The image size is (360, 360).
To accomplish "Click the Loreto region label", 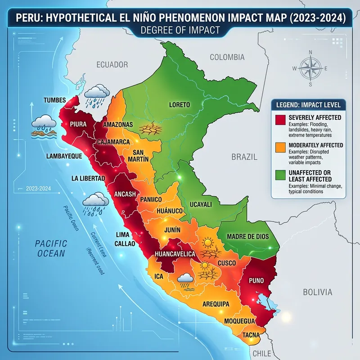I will tap(179, 104).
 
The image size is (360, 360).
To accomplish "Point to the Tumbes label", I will tap(54, 100).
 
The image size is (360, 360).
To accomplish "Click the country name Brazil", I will tap(244, 157).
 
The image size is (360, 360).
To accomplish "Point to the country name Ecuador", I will tap(112, 65).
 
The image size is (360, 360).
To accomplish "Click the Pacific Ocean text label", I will tap(51, 248).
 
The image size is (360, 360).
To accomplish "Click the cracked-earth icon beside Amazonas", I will tap(148, 129).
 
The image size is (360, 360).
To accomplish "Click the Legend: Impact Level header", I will tap(307, 104).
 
